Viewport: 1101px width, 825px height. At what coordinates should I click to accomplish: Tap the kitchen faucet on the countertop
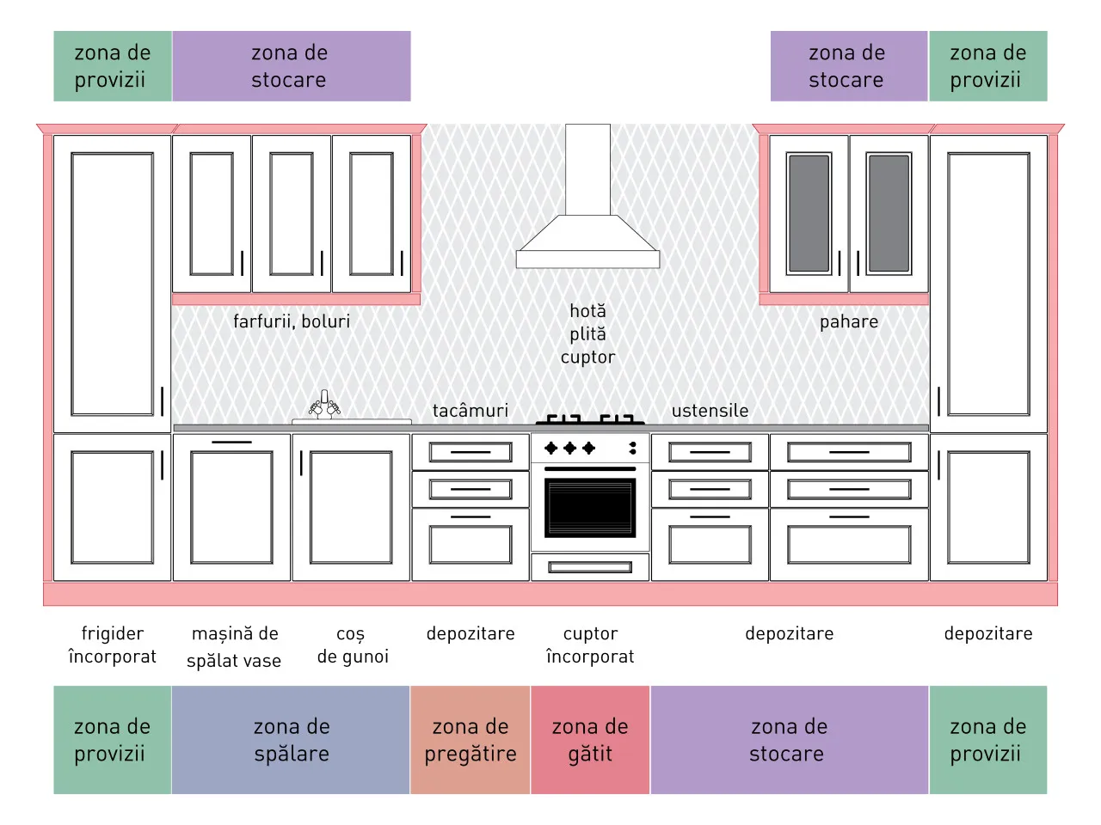[324, 405]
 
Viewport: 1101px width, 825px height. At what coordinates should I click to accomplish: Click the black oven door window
[590, 507]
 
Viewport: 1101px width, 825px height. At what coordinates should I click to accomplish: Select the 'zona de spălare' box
[291, 739]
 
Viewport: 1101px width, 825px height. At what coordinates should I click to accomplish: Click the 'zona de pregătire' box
[470, 739]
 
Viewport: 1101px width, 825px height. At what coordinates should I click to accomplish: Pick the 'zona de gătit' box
[590, 739]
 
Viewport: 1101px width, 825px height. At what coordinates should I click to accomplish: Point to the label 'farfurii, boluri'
[292, 321]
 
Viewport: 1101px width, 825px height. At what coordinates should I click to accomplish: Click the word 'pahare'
[849, 322]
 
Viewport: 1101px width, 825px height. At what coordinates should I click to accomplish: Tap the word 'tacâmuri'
[470, 411]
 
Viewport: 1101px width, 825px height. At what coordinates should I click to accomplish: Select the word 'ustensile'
[710, 411]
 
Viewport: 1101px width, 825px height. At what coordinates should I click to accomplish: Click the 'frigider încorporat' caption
[113, 645]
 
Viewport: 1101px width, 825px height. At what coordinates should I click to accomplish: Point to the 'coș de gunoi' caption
[353, 645]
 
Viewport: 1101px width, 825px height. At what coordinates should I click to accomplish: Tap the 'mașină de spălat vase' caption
[234, 646]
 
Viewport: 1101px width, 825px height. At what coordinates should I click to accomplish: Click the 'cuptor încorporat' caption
[590, 645]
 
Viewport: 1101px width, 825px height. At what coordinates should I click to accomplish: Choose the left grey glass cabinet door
[809, 213]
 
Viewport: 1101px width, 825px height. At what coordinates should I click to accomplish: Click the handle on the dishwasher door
[231, 442]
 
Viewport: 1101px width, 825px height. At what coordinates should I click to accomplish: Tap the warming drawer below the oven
[590, 567]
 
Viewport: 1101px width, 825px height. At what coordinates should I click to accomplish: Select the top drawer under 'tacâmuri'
[470, 452]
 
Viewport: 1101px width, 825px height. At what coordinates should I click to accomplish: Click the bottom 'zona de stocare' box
[789, 739]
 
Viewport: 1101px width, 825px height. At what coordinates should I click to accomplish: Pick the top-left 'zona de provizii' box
[113, 66]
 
